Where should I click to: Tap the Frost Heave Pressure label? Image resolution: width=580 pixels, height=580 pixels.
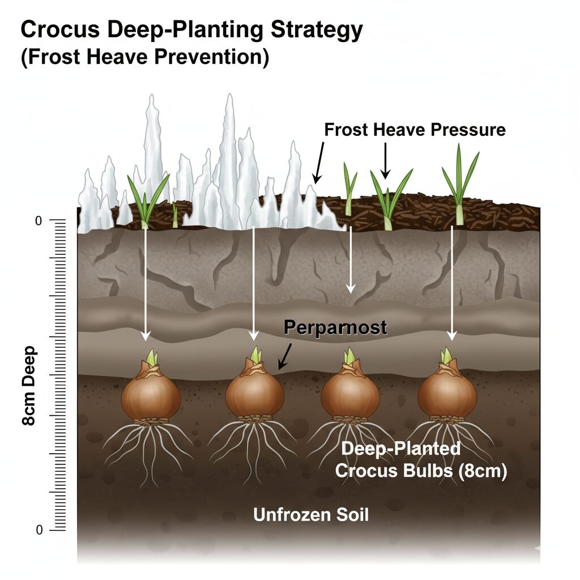(415, 130)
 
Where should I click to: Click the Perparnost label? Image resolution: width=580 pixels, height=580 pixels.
(335, 327)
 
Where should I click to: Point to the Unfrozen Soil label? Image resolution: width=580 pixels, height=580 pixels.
(311, 515)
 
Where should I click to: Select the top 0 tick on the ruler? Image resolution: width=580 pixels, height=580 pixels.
(39, 221)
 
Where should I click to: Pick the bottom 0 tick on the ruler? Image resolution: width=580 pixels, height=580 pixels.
(39, 530)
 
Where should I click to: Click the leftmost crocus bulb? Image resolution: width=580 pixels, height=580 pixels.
(151, 397)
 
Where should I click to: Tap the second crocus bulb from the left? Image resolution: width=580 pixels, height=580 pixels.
(254, 394)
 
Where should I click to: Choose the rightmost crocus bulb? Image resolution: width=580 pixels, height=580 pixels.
(447, 395)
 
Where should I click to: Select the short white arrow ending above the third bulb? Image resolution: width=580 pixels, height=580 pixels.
(351, 261)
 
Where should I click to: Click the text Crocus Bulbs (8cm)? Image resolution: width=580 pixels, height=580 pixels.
(420, 471)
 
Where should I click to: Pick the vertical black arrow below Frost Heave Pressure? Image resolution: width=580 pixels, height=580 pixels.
(385, 160)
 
